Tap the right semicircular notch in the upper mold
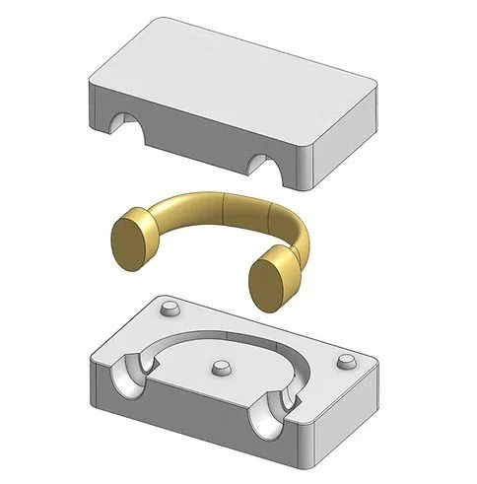261,162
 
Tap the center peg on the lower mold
219,367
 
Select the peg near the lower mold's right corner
347,360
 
